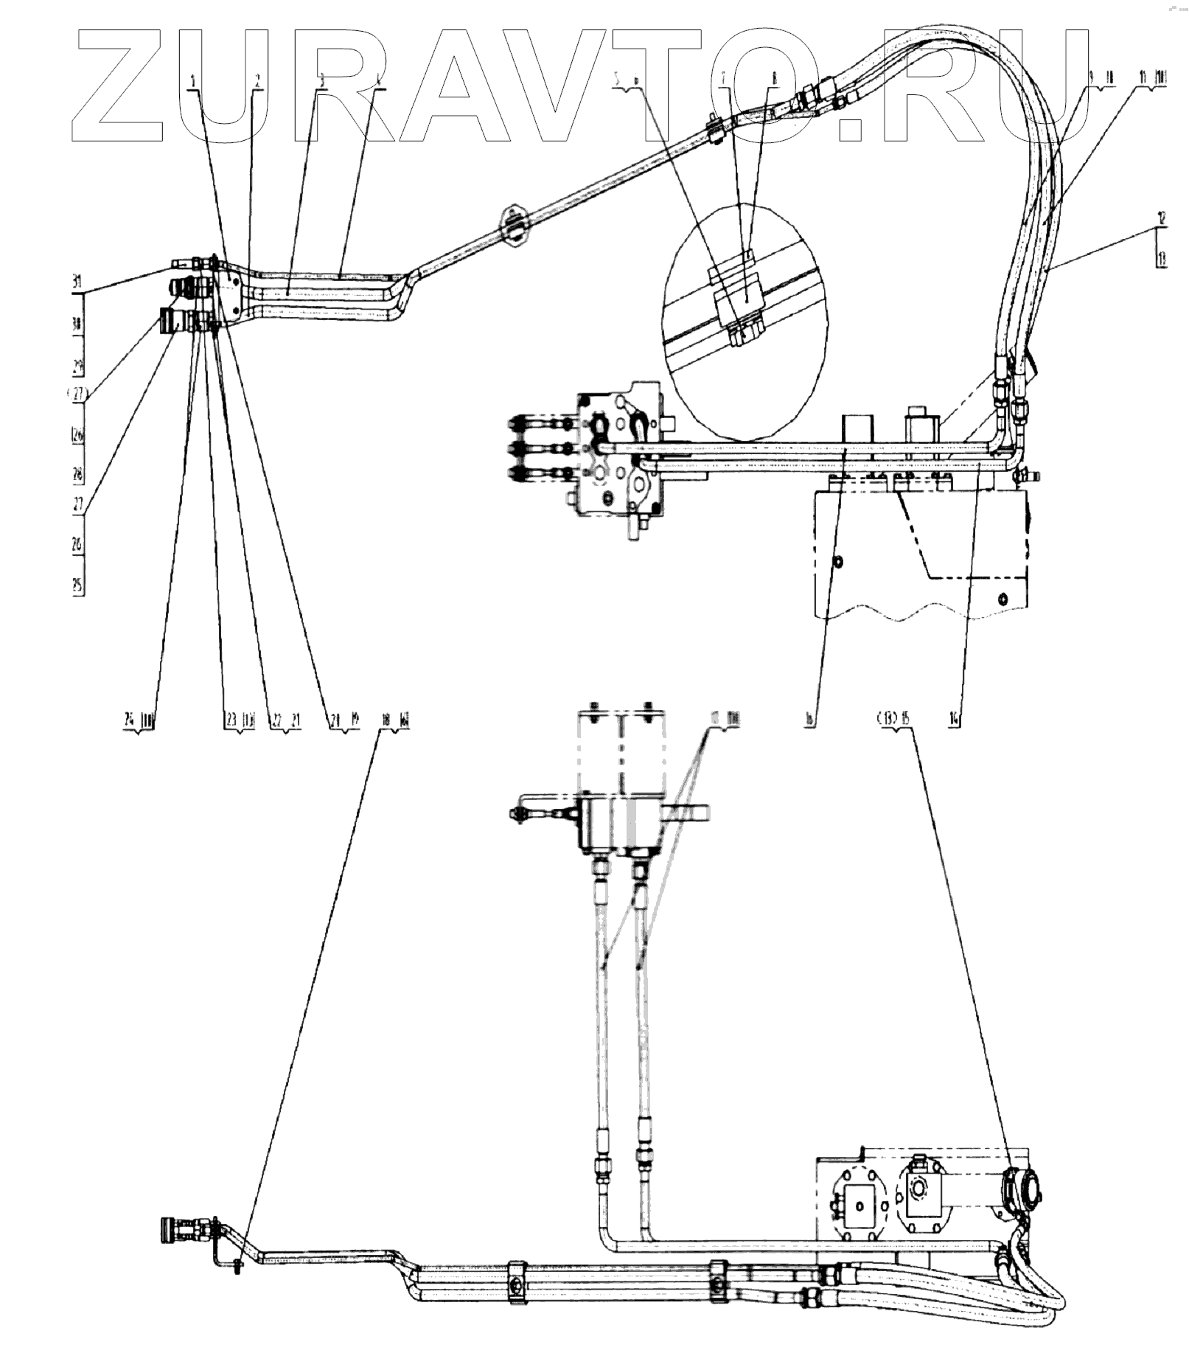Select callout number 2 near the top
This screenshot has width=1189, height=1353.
click(257, 81)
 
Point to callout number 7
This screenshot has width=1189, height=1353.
click(723, 77)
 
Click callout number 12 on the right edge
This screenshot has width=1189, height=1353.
click(1162, 218)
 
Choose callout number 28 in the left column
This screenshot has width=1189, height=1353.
click(77, 473)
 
